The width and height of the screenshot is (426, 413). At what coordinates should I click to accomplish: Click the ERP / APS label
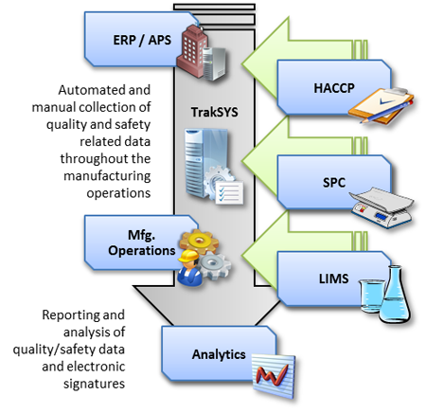point(142,40)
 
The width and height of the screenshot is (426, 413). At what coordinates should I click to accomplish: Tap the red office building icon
point(191,50)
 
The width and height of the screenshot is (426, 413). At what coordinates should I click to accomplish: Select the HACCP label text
point(334,88)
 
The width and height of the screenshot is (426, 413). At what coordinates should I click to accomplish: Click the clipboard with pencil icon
point(382,105)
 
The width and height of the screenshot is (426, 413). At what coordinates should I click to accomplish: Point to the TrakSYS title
point(214,112)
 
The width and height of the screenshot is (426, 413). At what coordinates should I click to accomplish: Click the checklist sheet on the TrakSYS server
point(229,192)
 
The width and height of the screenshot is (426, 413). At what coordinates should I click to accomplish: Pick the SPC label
point(334,183)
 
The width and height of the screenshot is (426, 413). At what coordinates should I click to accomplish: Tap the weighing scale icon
point(382,206)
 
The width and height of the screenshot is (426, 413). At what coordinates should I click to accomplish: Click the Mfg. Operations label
point(142,242)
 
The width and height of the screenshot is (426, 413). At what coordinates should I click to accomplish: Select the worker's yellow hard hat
point(188,256)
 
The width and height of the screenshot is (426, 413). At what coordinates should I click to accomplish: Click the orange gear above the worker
point(199,242)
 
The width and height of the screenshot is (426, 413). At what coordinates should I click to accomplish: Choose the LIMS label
point(333,278)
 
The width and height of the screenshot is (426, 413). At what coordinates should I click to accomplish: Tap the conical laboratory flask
point(395,295)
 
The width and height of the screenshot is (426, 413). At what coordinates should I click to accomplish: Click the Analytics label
point(219,354)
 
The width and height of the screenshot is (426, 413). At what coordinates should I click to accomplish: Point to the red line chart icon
point(274,376)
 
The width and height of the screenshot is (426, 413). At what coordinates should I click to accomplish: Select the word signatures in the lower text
point(94,384)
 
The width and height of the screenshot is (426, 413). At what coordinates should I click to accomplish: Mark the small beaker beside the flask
point(372,296)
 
